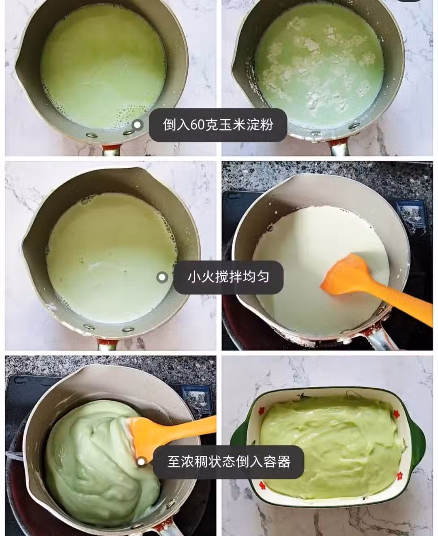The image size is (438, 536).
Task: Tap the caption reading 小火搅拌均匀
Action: coord(228,277)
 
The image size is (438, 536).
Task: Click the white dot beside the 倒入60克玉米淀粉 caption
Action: coord(137,124)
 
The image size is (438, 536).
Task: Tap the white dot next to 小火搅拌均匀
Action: coord(162,277)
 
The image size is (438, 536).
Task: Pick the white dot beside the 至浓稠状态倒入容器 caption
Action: coord(141,461)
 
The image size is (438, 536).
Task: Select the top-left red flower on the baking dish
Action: coord(262,410)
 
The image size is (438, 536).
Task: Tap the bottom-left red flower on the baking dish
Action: coord(262,493)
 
